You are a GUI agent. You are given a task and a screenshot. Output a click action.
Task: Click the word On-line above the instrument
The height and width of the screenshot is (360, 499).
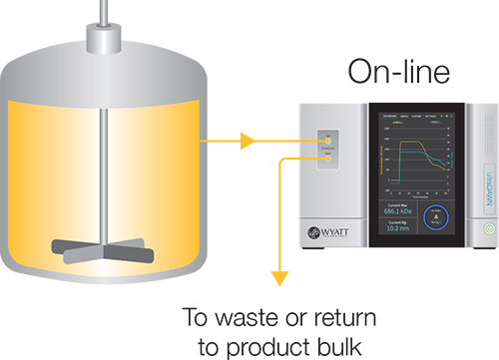[399, 73]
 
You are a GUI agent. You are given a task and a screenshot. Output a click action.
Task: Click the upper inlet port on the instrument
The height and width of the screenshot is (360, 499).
[328, 143]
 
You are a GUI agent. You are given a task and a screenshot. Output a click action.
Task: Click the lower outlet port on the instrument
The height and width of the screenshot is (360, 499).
[328, 157]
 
